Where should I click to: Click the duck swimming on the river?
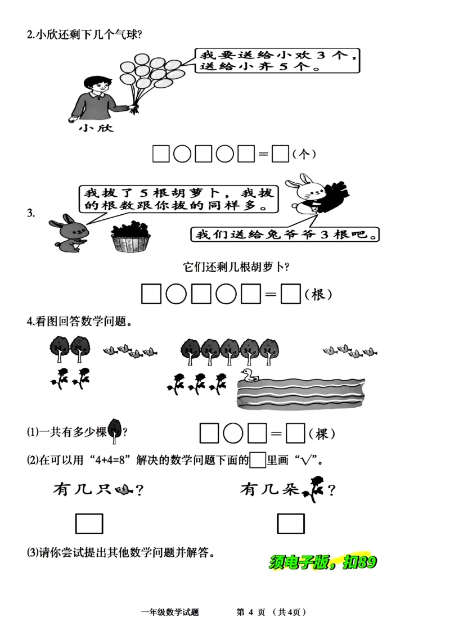click(248, 375)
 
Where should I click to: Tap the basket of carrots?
click(130, 237)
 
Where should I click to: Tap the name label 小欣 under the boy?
click(96, 128)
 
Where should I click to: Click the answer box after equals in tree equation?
click(295, 434)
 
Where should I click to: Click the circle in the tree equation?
click(233, 434)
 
